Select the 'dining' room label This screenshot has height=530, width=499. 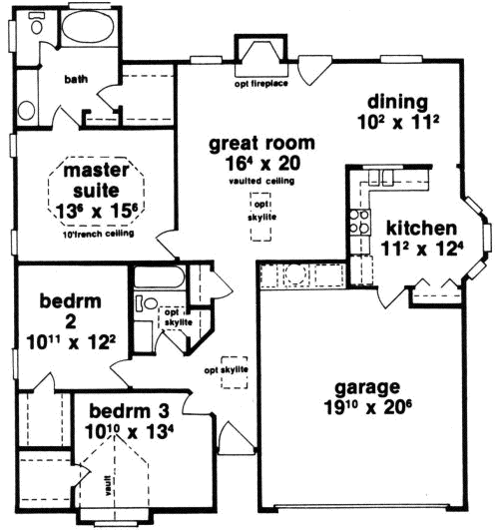coord(396,101)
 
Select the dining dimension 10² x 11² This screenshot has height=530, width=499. coord(396,121)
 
